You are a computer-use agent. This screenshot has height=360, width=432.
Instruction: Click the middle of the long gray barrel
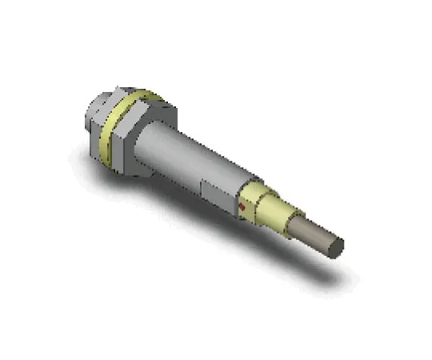(x=192, y=160)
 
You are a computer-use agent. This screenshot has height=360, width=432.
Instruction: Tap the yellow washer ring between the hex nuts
(x=128, y=128)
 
